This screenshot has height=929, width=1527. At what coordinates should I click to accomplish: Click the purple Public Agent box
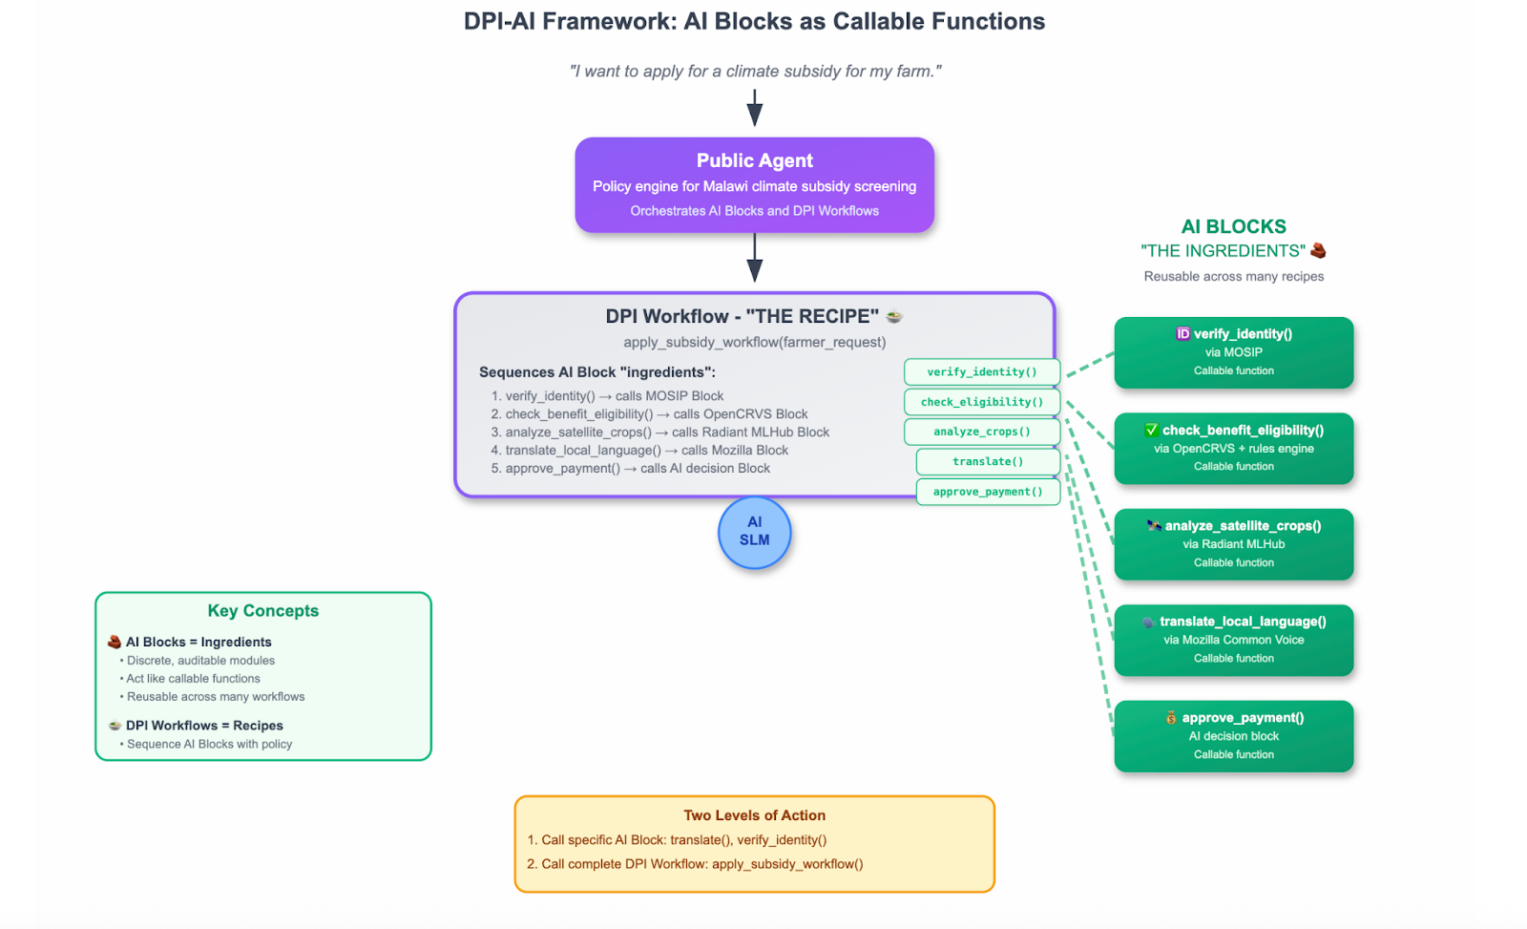pyautogui.click(x=754, y=184)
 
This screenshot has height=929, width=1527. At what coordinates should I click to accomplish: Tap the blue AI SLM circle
pyautogui.click(x=754, y=533)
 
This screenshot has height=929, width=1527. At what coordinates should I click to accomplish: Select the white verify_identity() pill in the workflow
pyautogui.click(x=981, y=372)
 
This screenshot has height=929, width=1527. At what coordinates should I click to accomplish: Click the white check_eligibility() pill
pyautogui.click(x=981, y=402)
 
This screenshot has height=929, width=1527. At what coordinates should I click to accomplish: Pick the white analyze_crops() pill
pyautogui.click(x=981, y=432)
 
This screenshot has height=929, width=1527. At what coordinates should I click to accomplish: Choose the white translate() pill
pyautogui.click(x=988, y=462)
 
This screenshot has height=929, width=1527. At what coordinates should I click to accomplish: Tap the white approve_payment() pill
pyautogui.click(x=988, y=492)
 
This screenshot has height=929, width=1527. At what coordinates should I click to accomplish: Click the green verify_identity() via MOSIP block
pyautogui.click(x=1233, y=352)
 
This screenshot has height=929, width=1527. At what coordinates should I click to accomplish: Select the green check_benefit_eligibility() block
pyautogui.click(x=1233, y=448)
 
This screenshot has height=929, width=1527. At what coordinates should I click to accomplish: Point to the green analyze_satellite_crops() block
pyautogui.click(x=1233, y=544)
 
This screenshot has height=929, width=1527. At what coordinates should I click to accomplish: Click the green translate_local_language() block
pyautogui.click(x=1233, y=640)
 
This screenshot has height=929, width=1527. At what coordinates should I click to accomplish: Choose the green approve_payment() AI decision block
pyautogui.click(x=1233, y=736)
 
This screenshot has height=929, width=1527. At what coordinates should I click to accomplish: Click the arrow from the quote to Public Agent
pyautogui.click(x=754, y=107)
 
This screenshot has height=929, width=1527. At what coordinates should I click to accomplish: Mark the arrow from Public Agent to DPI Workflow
pyautogui.click(x=754, y=258)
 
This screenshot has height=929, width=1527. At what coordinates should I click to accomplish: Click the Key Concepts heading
pyautogui.click(x=263, y=611)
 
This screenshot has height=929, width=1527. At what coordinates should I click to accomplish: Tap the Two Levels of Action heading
pyautogui.click(x=754, y=815)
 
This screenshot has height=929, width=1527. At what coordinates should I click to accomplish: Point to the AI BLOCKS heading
pyautogui.click(x=1233, y=227)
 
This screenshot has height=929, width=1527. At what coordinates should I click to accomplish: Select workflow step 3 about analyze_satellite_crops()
pyautogui.click(x=660, y=433)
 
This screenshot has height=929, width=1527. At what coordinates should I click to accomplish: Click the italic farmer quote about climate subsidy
pyautogui.click(x=755, y=72)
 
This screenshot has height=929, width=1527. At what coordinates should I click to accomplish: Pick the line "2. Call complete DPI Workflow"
pyautogui.click(x=695, y=864)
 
